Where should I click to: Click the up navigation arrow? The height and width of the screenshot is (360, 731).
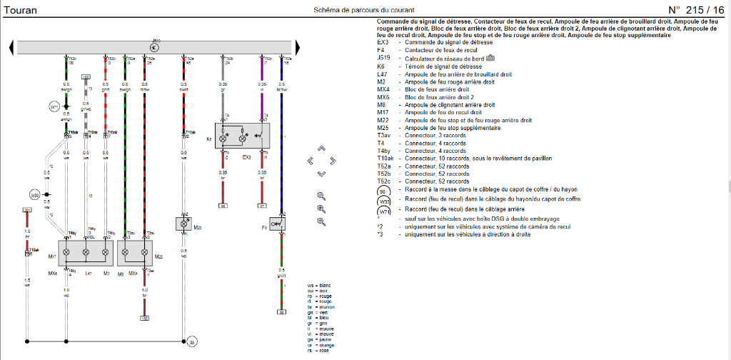coord(321,149)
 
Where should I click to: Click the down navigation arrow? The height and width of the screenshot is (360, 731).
coord(321,174)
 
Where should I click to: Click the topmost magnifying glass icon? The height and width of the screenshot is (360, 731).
coord(321,195)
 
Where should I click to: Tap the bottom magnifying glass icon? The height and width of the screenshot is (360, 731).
coord(321,221)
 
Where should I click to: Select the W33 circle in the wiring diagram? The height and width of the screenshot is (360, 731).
coord(34,194)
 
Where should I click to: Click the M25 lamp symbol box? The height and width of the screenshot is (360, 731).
coord(183,224)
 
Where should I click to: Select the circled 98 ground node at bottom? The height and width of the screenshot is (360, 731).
coord(191,342)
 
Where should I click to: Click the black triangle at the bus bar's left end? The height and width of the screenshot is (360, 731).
coord(11,47)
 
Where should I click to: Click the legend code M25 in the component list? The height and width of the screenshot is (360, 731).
coord(383,128)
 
